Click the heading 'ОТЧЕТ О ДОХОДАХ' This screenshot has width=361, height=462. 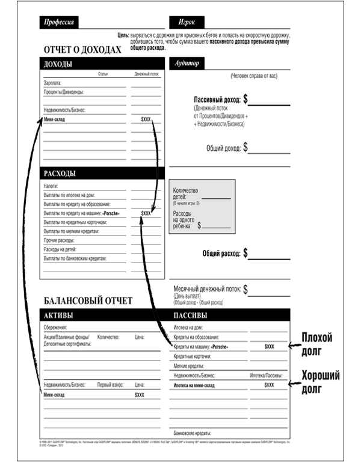[x=87, y=51]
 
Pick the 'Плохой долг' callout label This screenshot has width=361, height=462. [x=316, y=342]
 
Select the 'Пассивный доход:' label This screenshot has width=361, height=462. [x=217, y=99]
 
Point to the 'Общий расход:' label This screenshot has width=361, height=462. [x=221, y=253]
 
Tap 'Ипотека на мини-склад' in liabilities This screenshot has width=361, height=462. [x=199, y=385]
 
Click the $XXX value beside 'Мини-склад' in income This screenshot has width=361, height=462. [x=147, y=120]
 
